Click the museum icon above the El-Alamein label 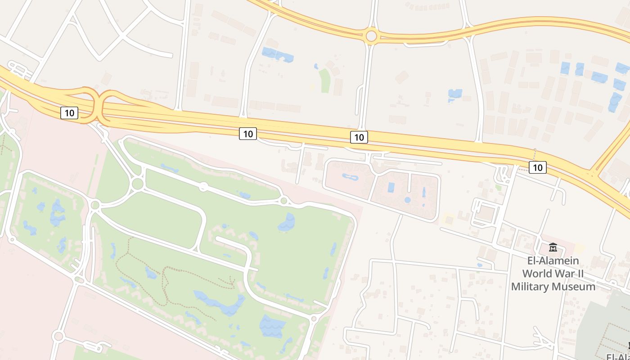coord(553,247)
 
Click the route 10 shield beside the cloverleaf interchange coord(69,112)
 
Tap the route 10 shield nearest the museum coord(537,167)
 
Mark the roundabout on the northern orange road coord(371,36)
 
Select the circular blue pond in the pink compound coord(407,200)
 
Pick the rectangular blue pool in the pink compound coord(391,187)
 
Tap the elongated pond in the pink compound coord(351,177)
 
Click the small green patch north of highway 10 coord(324,80)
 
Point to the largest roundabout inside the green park coord(138,183)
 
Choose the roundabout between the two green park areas coord(95,205)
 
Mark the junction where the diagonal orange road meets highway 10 coord(593,173)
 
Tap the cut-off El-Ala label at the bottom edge coord(617,356)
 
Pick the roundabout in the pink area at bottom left coord(58,336)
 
